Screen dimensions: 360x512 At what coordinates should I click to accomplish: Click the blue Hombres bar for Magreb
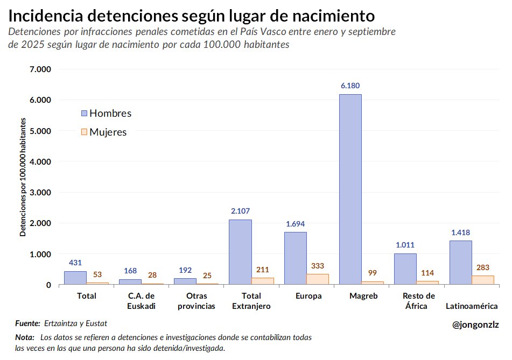coord(350,189)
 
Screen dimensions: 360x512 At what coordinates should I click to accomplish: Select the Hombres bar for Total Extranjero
coord(240,252)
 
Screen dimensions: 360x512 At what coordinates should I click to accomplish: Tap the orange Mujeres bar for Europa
coord(318,279)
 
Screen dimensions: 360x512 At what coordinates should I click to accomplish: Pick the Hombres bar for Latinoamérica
coord(460,262)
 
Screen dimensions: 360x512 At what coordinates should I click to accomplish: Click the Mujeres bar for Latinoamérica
coord(483,280)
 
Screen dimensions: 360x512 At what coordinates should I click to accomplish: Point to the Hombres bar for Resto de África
coord(405,269)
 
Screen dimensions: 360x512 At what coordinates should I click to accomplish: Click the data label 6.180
coord(350,86)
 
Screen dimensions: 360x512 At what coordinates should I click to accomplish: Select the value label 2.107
coord(240,211)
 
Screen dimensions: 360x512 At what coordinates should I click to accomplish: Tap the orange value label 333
coord(318,266)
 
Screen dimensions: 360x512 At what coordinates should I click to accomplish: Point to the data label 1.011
coord(405,245)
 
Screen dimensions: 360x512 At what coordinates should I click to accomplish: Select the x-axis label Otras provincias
coord(197,301)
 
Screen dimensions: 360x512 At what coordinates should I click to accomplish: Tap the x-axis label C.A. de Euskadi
coord(142,301)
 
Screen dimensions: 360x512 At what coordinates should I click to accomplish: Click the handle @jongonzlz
coord(476,324)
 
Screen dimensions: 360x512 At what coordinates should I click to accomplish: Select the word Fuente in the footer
coord(27,323)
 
